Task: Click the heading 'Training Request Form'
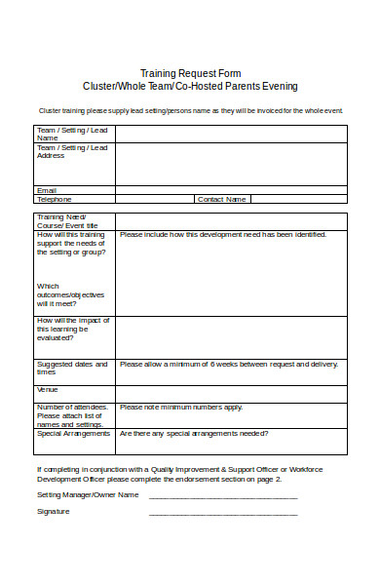(190, 73)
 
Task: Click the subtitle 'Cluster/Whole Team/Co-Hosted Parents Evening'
(190, 86)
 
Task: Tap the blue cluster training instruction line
(190, 110)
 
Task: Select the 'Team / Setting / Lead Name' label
(71, 134)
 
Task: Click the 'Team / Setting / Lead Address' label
(71, 151)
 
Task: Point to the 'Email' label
(47, 190)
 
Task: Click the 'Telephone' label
(55, 199)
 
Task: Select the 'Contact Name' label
(222, 199)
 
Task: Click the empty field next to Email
(231, 190)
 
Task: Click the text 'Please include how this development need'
(222, 235)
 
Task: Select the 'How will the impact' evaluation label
(73, 329)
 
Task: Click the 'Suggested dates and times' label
(71, 368)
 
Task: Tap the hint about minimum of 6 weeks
(228, 364)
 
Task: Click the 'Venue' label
(48, 389)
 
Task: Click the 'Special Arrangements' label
(74, 433)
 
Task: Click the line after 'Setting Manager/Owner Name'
(222, 494)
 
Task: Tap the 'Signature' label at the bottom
(54, 511)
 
